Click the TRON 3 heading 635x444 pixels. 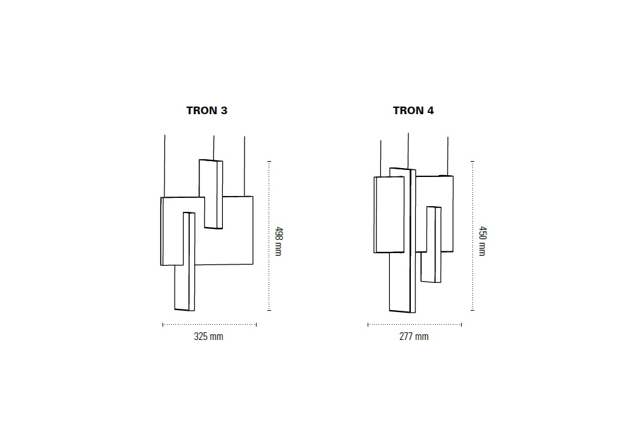(x=207, y=110)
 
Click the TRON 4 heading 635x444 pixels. (x=413, y=110)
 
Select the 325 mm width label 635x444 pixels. (x=208, y=336)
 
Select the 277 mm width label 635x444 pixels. (x=414, y=336)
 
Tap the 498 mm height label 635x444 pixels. (x=279, y=242)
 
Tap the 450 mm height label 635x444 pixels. (x=483, y=241)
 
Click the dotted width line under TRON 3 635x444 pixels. (x=210, y=324)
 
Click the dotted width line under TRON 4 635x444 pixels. (x=415, y=324)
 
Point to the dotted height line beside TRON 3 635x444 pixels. (x=269, y=236)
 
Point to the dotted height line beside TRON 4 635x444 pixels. (x=472, y=236)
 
